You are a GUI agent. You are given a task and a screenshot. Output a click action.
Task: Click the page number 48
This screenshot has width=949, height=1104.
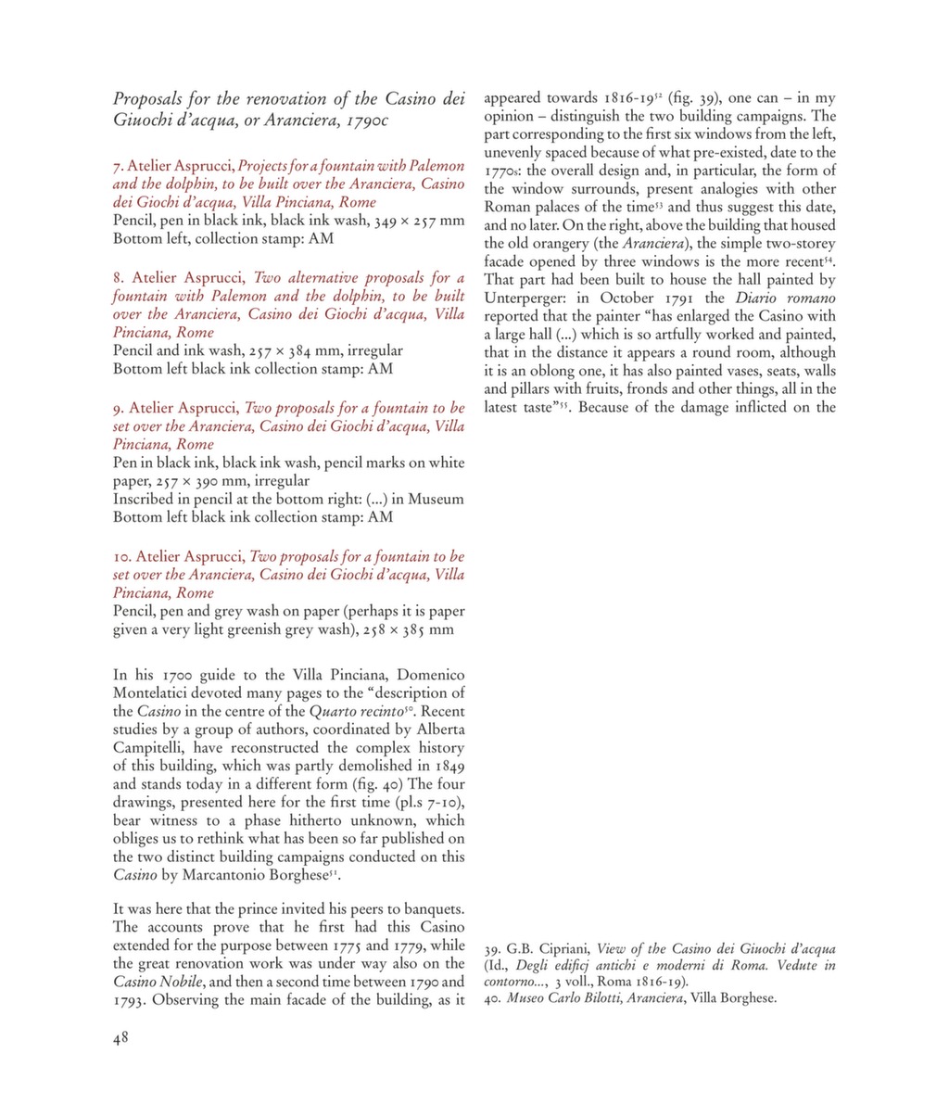pos(120,1038)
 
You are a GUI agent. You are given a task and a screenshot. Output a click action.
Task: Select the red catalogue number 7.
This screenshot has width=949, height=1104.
pos(118,167)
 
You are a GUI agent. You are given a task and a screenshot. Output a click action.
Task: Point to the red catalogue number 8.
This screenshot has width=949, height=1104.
pos(119,278)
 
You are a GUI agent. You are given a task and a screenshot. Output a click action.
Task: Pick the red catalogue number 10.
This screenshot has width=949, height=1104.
pos(123,556)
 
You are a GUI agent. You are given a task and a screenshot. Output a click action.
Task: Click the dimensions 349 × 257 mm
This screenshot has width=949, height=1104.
pos(394,221)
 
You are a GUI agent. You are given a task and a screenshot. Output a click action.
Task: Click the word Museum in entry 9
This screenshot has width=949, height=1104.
pos(436,499)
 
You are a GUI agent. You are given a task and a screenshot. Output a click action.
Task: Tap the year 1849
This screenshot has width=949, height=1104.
pos(446,766)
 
